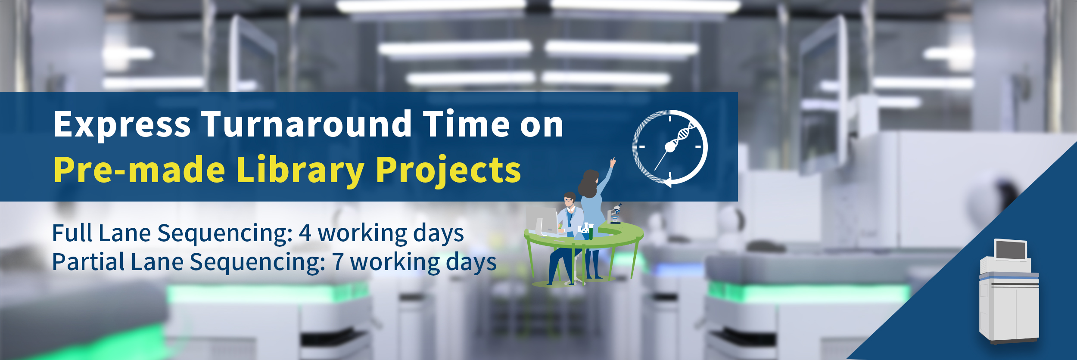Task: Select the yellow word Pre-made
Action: coord(139,169)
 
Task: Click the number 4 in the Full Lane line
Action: coord(305,233)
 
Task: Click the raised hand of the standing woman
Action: coord(613,162)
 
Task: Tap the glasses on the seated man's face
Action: coord(569,200)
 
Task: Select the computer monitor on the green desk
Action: coord(543,221)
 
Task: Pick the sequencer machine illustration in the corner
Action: coord(1009,292)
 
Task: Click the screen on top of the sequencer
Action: coord(1011,250)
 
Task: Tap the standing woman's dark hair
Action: coord(588,183)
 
